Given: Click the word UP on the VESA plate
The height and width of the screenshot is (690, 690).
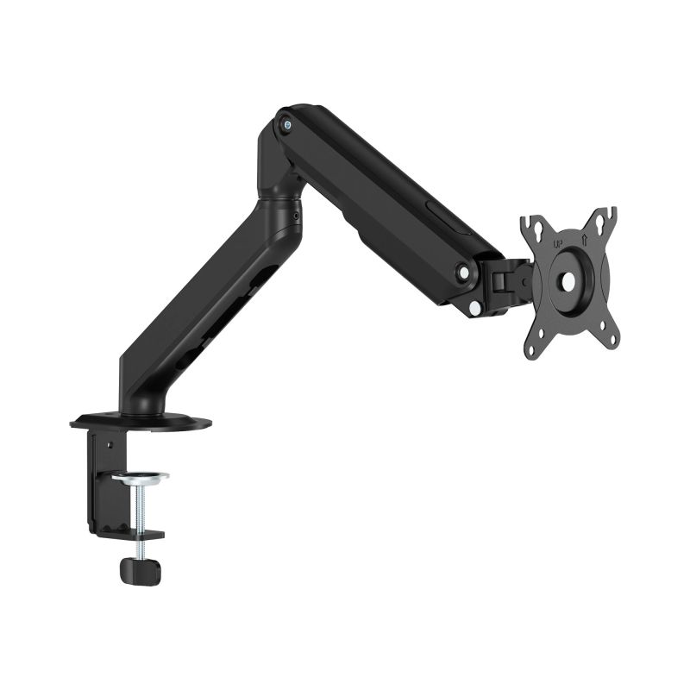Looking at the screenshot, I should click(x=557, y=244).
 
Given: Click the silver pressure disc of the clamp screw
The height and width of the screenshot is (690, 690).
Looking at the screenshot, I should click(x=139, y=477).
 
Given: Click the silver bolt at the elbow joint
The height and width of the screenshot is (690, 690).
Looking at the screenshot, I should click(x=285, y=122).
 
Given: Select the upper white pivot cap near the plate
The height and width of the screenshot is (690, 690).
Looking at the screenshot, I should click(x=465, y=272).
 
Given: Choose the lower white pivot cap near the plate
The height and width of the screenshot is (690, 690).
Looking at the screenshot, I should click(x=476, y=306).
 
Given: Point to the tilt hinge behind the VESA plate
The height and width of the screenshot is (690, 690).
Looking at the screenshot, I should click(x=509, y=280).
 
